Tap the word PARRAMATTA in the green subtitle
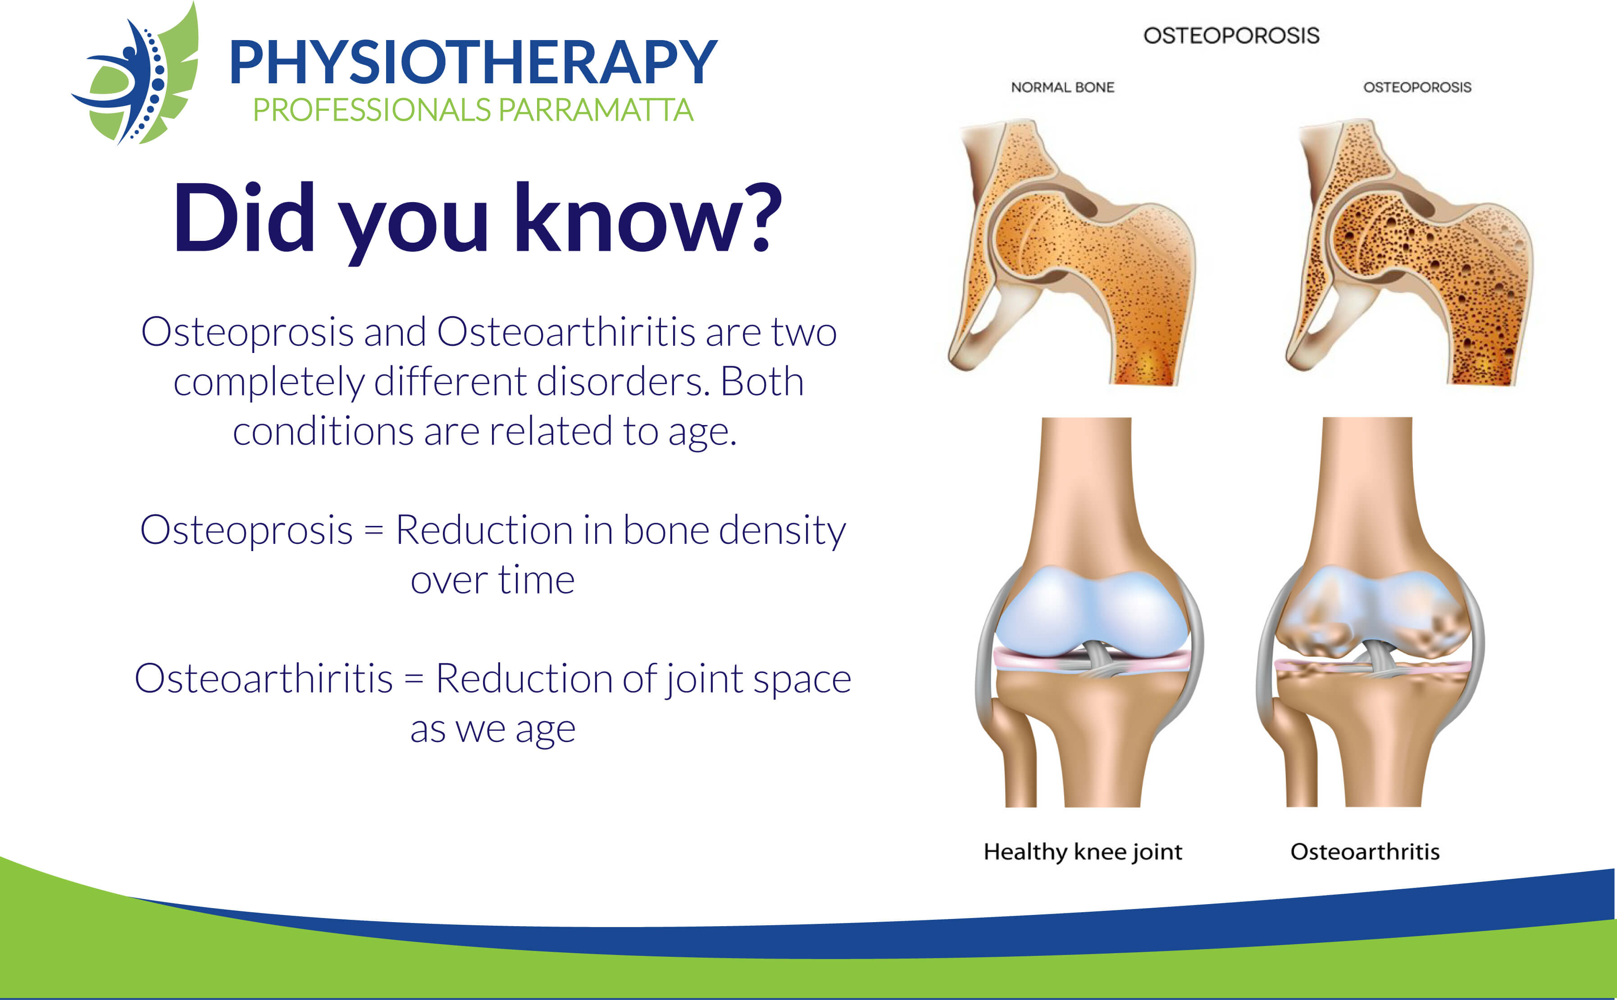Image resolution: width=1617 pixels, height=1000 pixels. [596, 110]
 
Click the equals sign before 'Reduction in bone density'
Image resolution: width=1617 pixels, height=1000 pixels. [374, 530]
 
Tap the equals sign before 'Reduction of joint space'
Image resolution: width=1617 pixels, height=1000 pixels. [414, 679]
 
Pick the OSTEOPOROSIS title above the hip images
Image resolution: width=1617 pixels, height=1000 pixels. [1231, 36]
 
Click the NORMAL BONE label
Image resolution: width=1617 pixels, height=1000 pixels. [1062, 87]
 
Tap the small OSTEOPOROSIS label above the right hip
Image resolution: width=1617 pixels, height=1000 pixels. [1417, 87]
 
